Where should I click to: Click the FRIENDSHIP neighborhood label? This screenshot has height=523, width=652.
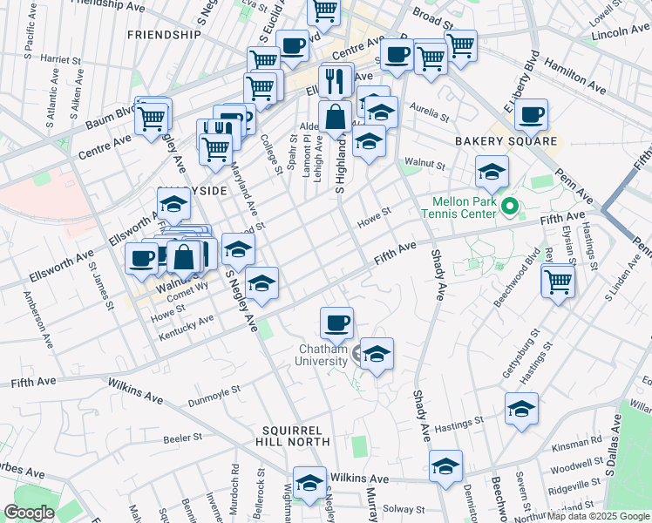164,35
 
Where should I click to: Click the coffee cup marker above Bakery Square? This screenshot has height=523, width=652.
531,114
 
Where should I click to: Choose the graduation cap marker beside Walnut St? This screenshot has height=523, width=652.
492,171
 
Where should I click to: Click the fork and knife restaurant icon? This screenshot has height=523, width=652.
336,81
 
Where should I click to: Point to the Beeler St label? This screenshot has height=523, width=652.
183,437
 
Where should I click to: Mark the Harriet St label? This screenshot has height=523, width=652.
60,59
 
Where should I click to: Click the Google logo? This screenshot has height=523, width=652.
29,513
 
